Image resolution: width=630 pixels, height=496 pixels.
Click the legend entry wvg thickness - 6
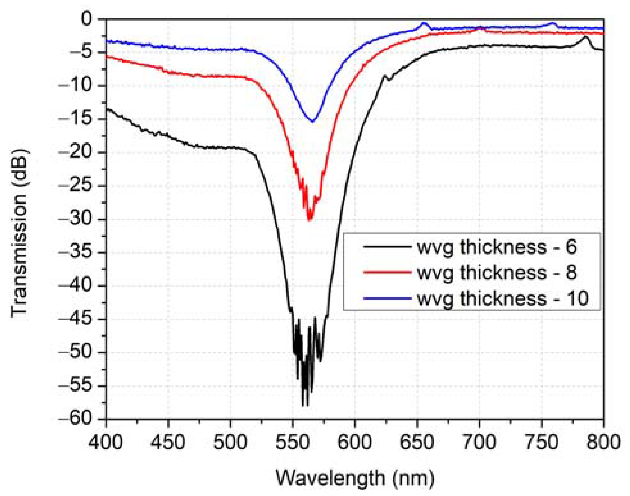[x=497, y=247]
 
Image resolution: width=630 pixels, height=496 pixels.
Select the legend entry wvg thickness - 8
[x=497, y=273]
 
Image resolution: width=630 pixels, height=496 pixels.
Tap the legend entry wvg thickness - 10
[x=502, y=298]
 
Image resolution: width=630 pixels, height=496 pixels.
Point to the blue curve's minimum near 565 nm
[x=312, y=121]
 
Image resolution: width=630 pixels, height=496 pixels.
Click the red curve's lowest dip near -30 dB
[x=310, y=220]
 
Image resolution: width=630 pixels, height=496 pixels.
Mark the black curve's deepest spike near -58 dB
[x=303, y=405]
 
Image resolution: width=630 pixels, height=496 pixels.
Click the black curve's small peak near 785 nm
[x=586, y=37]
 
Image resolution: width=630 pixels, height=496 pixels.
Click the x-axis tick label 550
[x=293, y=442]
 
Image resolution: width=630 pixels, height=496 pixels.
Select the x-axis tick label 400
[x=106, y=442]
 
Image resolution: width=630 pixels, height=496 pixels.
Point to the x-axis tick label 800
[x=603, y=442]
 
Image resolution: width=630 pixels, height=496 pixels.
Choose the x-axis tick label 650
[x=417, y=442]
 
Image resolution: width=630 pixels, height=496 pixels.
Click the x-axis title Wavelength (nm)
[x=355, y=478]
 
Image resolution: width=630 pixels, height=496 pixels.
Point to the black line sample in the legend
[x=387, y=247]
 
